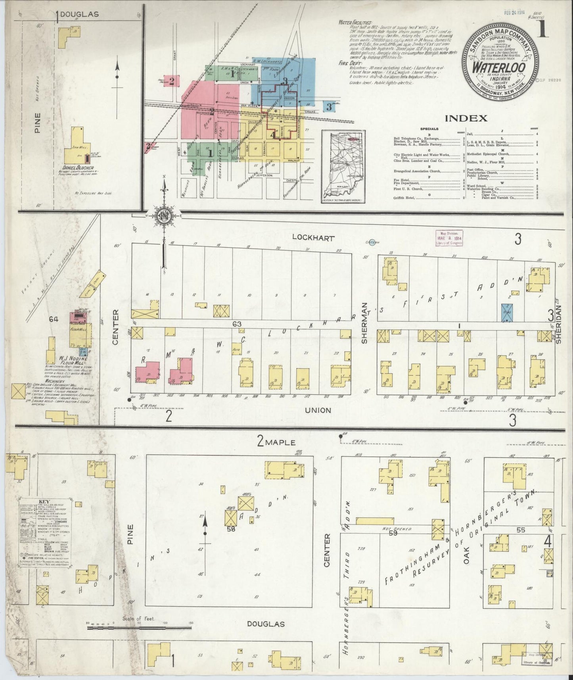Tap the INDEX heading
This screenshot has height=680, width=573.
tap(466, 118)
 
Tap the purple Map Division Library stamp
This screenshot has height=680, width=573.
tap(449, 238)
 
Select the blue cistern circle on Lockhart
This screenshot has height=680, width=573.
tap(371, 243)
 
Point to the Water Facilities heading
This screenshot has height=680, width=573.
tap(355, 23)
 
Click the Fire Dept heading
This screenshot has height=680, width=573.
tap(349, 63)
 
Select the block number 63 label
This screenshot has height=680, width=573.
tap(237, 325)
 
